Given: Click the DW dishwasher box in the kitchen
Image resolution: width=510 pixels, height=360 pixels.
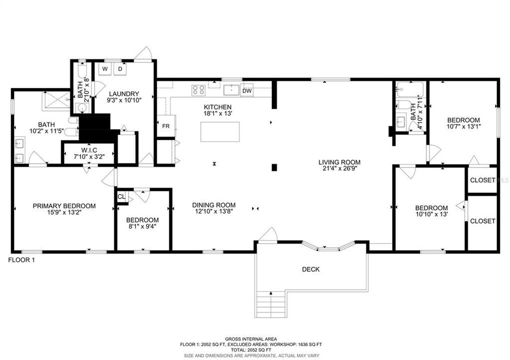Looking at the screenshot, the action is coord(247,90).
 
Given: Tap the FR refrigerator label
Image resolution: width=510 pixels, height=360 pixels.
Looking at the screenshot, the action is coord(166,126).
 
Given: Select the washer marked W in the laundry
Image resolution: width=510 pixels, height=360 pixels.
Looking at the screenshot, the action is coord(105,69).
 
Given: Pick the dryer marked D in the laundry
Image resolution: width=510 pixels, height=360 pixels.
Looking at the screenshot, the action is coord(120,69).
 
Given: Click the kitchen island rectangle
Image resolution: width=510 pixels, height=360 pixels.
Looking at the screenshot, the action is coord(220,131).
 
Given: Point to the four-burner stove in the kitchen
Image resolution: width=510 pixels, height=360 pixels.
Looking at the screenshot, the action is coord(198,90).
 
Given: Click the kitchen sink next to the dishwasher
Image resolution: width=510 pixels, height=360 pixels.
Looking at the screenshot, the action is coord(231,90).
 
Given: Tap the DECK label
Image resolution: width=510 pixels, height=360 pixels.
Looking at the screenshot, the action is coord(311,269).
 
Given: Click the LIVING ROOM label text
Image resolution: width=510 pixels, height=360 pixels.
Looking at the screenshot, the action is coord(339,162).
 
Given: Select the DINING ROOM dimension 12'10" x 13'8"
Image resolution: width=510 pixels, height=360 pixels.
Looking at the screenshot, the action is coord(214,211).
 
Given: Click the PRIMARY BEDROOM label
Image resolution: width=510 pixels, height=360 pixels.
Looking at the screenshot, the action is coord(64,206).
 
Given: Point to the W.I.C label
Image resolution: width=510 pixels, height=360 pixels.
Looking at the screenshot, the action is coord(89,150).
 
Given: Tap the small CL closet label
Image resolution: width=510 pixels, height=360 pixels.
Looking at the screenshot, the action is coord(121,196).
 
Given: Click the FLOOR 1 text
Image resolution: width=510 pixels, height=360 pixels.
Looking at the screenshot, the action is coord(21,260).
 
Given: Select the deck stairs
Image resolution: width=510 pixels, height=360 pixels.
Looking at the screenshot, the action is coord(270,304).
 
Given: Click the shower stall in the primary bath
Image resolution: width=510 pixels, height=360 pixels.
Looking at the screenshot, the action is coord(56,101).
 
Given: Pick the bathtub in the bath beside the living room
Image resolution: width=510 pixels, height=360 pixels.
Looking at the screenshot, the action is coord(410,89).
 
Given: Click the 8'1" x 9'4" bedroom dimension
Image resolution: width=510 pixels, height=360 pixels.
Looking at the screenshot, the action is coord(143,226).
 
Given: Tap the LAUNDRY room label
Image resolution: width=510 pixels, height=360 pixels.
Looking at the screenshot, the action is coord(124,94).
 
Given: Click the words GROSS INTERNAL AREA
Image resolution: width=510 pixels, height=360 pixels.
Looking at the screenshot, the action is coord(251,339).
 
